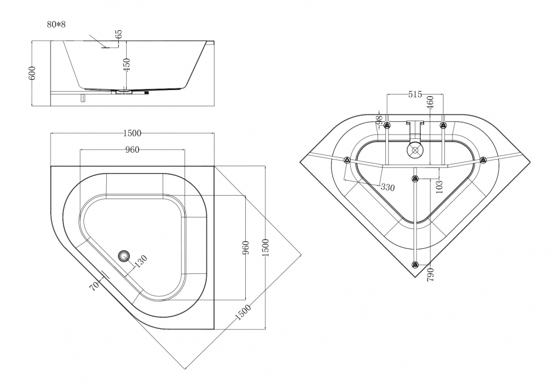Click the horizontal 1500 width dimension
(x=132, y=133)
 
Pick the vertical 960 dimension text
(x=246, y=248)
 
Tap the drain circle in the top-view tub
(x=123, y=256)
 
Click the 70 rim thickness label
(x=95, y=286)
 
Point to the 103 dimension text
(x=439, y=186)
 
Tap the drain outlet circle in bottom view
(x=414, y=149)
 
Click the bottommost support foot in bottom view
(x=415, y=265)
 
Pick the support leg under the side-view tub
(x=82, y=98)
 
